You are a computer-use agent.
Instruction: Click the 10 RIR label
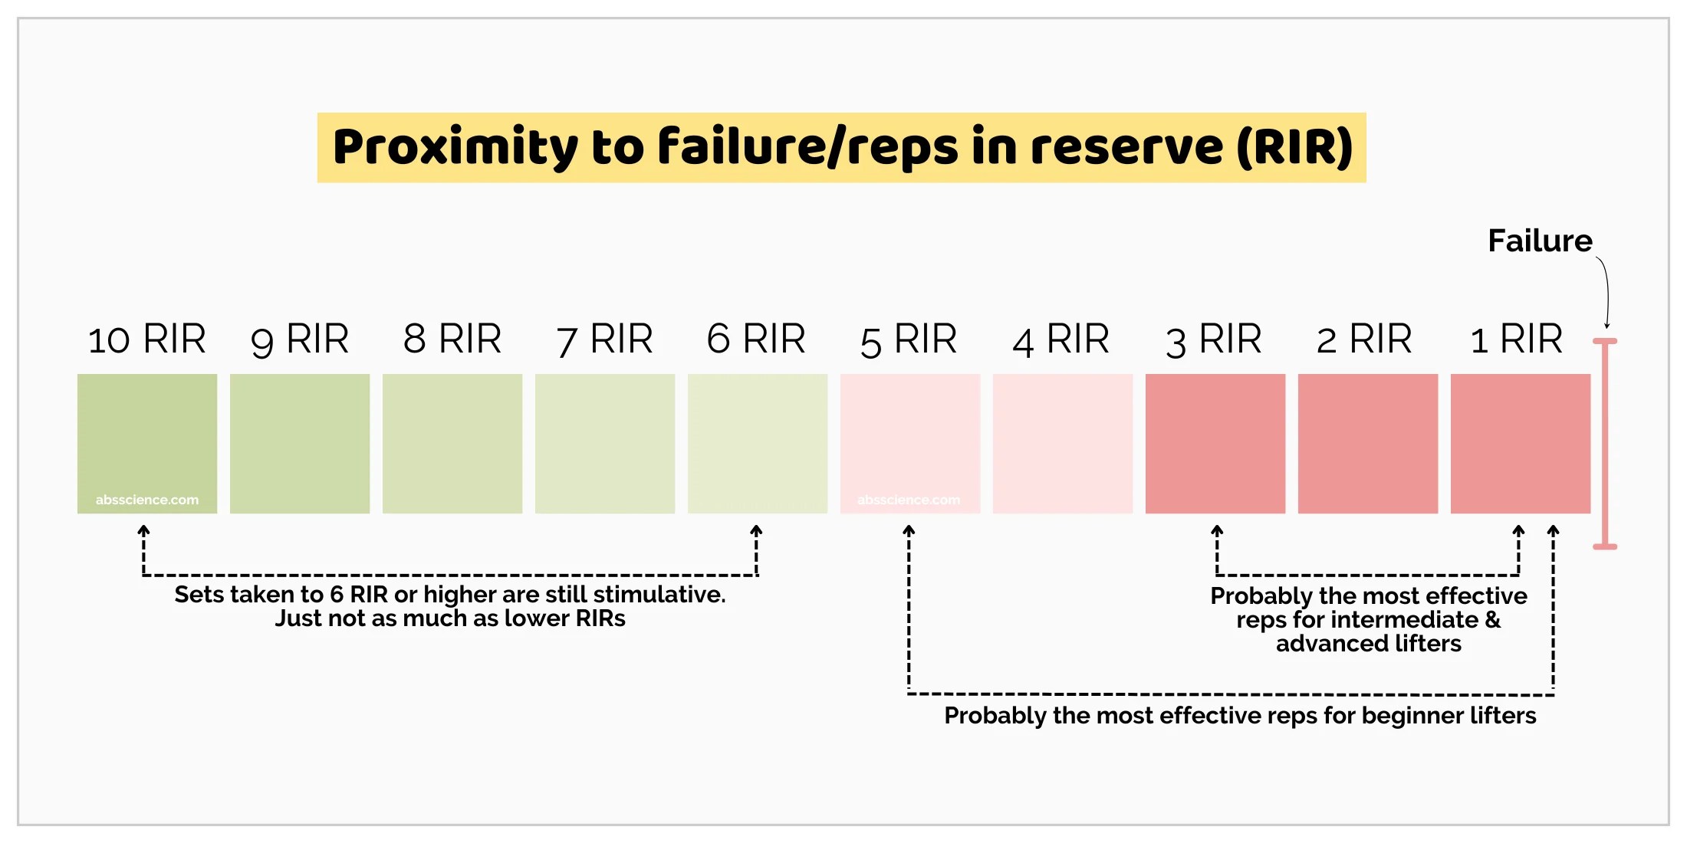click(x=146, y=339)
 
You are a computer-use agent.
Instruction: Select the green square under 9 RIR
click(x=300, y=444)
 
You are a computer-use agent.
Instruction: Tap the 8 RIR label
click(x=452, y=339)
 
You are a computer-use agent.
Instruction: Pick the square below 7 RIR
click(x=605, y=444)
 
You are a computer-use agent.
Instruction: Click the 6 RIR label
click(x=756, y=339)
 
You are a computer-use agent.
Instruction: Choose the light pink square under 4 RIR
click(x=1063, y=444)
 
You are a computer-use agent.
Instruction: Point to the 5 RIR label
click(x=909, y=340)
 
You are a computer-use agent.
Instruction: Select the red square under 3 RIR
click(x=1215, y=444)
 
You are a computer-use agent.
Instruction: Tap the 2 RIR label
click(x=1364, y=339)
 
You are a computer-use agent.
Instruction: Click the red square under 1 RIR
click(x=1521, y=444)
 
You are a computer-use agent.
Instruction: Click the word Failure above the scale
click(x=1540, y=241)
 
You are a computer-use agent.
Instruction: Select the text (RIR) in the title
click(x=1295, y=146)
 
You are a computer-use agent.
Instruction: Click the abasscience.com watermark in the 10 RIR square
click(x=147, y=500)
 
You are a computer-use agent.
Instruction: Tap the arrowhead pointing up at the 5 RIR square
click(x=909, y=530)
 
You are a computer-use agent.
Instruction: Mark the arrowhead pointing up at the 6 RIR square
click(x=756, y=530)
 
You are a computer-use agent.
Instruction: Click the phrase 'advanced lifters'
click(x=1369, y=643)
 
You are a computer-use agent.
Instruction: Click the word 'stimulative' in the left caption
click(x=659, y=594)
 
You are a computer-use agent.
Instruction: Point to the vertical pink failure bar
click(x=1605, y=444)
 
